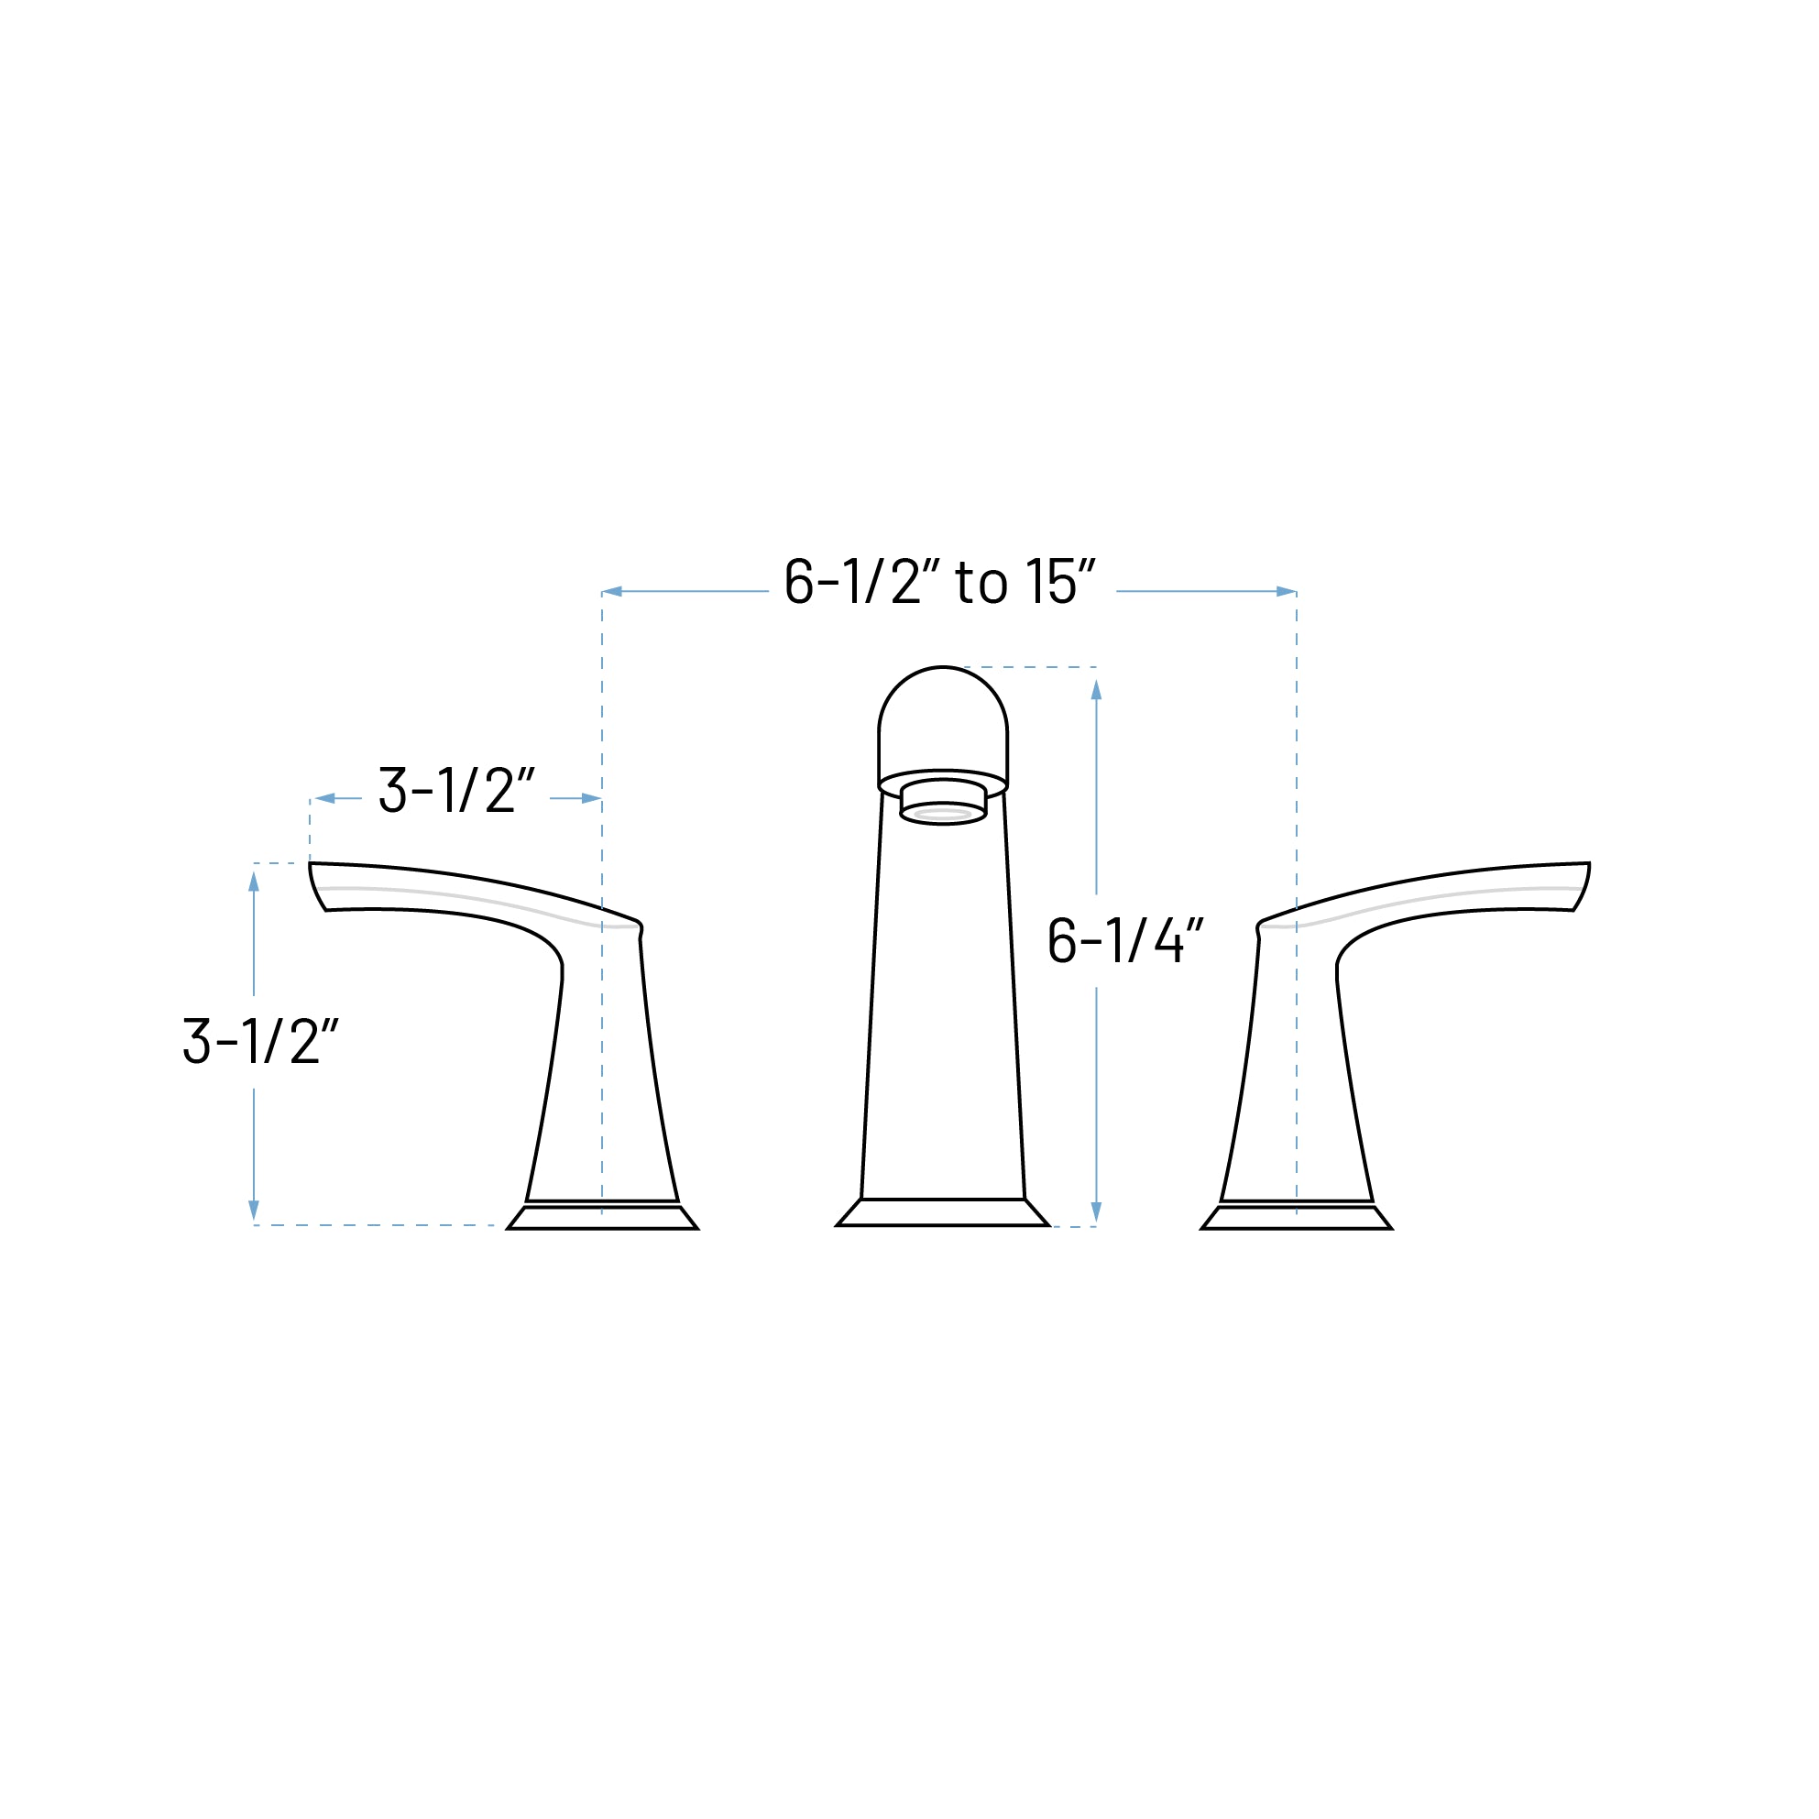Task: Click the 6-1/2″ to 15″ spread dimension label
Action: [939, 583]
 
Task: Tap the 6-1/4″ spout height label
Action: [1125, 940]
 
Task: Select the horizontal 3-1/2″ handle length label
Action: [455, 791]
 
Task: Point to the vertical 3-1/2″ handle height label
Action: [260, 1041]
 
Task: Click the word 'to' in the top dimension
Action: [981, 584]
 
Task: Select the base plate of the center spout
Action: [942, 1212]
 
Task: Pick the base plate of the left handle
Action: [603, 1218]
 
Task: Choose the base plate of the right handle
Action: [1297, 1218]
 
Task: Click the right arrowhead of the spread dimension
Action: [1286, 591]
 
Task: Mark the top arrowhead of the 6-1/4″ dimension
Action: [1096, 690]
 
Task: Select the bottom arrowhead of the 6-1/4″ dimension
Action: [1096, 1211]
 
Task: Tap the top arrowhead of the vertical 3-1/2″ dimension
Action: [253, 882]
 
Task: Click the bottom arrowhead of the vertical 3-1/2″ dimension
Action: [253, 1211]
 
